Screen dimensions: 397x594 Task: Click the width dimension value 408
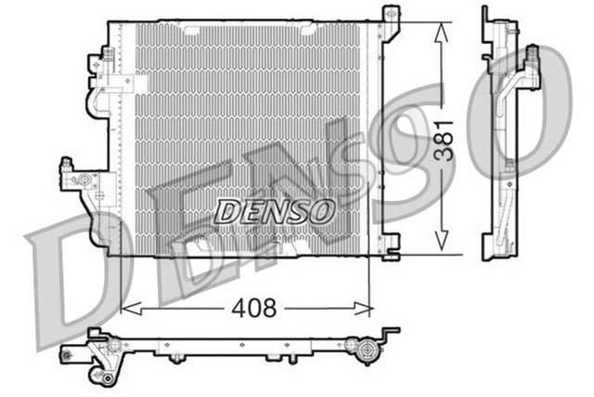point(252,308)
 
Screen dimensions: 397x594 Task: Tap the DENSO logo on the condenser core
point(275,211)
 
